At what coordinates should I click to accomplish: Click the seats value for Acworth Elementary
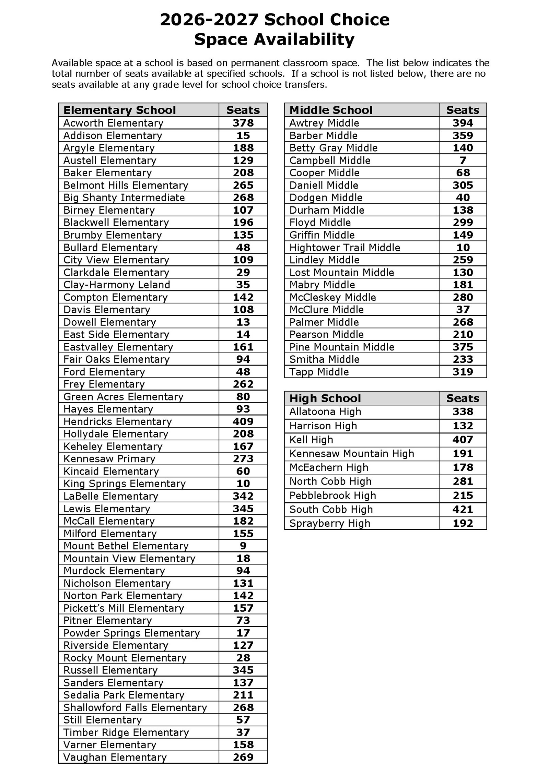(243, 123)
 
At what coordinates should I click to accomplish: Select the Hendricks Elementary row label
(117, 421)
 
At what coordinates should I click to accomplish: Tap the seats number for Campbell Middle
(463, 160)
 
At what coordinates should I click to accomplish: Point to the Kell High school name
(311, 440)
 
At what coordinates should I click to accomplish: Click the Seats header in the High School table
(463, 398)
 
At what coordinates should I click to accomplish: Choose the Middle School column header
(331, 110)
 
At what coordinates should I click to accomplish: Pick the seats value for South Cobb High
(463, 509)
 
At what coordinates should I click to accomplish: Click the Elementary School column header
(119, 110)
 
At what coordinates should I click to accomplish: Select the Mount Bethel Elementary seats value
(243, 546)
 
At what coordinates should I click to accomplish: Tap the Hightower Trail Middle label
(344, 248)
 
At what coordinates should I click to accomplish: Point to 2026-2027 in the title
(209, 20)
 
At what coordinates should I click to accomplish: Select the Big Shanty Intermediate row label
(124, 198)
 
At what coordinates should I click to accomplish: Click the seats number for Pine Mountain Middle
(463, 347)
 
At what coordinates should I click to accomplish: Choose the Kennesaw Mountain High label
(351, 454)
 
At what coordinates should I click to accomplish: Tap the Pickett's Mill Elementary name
(124, 608)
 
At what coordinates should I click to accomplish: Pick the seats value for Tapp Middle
(463, 372)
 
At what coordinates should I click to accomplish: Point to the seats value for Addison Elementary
(243, 135)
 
